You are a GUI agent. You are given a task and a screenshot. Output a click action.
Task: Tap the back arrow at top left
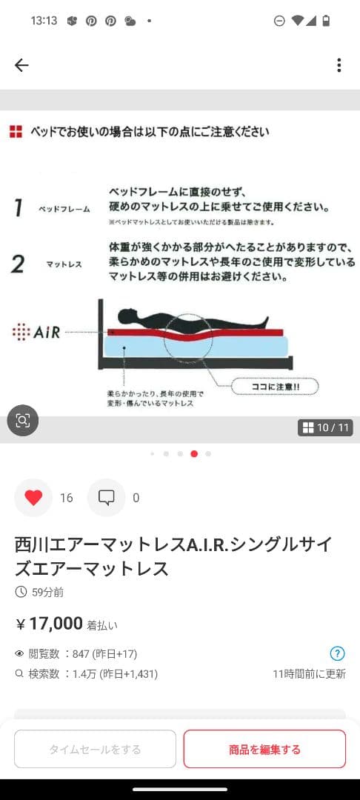21,65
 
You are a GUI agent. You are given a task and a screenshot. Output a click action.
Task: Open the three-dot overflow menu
339,65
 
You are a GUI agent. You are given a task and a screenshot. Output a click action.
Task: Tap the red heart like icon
33,498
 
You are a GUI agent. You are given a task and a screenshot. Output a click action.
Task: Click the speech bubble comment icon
106,498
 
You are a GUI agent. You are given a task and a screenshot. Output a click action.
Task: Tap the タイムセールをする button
95,749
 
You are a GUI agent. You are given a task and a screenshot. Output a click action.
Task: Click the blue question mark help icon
338,653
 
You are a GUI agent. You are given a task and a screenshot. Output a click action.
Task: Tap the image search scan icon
23,421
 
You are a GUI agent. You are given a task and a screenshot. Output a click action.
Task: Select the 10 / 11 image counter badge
325,427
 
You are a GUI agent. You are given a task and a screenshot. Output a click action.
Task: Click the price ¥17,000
49,624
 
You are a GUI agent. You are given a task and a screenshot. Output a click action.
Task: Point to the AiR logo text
36,332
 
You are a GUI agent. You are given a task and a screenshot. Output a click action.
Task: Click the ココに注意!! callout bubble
276,386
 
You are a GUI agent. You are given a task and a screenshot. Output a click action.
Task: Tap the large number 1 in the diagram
19,208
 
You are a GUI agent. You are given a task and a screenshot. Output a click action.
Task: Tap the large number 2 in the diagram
18,264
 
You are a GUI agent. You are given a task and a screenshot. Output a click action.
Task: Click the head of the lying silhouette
127,316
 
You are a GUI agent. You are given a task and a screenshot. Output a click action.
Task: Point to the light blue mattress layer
196,346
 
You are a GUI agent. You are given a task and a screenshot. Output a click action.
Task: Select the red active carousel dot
194,453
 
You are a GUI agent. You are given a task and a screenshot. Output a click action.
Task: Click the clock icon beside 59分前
21,592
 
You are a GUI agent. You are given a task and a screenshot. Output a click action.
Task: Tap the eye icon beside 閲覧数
20,653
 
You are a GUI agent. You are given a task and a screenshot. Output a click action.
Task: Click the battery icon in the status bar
327,21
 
